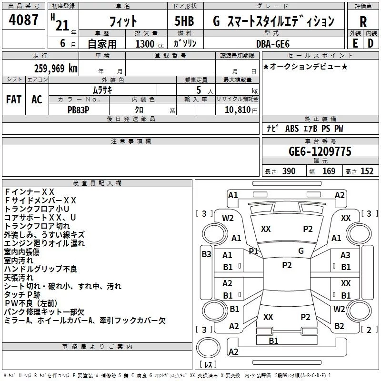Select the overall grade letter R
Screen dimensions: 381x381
click(363, 21)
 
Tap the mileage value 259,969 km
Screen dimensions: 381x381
click(56, 68)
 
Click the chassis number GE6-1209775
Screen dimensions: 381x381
click(320, 151)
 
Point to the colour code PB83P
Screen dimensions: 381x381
click(79, 109)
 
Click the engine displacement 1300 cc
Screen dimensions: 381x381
click(146, 44)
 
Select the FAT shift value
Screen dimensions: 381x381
click(13, 99)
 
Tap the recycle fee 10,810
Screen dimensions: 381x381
click(238, 110)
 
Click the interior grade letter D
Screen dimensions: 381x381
click(370, 43)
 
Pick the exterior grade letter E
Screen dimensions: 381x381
click(355, 43)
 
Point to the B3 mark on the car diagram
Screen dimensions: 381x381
click(206, 254)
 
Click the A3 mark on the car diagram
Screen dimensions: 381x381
click(345, 255)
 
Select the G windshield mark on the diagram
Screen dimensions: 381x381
click(301, 251)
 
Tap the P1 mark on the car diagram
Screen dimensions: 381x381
click(253, 251)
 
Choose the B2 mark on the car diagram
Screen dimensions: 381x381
click(339, 326)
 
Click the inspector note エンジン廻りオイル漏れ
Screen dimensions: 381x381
click(44, 243)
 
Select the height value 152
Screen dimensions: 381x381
click(366, 171)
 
